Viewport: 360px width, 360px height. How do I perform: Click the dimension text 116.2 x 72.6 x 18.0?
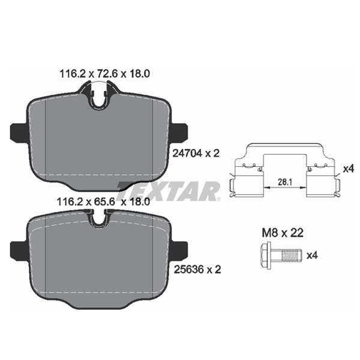point(104,74)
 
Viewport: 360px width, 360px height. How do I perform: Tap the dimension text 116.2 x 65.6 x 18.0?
point(103,202)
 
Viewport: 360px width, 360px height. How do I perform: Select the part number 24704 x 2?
point(196,153)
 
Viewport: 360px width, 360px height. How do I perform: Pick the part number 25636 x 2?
point(197,269)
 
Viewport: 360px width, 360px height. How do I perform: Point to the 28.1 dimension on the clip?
point(284,182)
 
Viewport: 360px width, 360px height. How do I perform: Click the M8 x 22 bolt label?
point(283,233)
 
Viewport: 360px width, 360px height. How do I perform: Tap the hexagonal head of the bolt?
point(266,255)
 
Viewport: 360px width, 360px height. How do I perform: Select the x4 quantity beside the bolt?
point(312,255)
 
